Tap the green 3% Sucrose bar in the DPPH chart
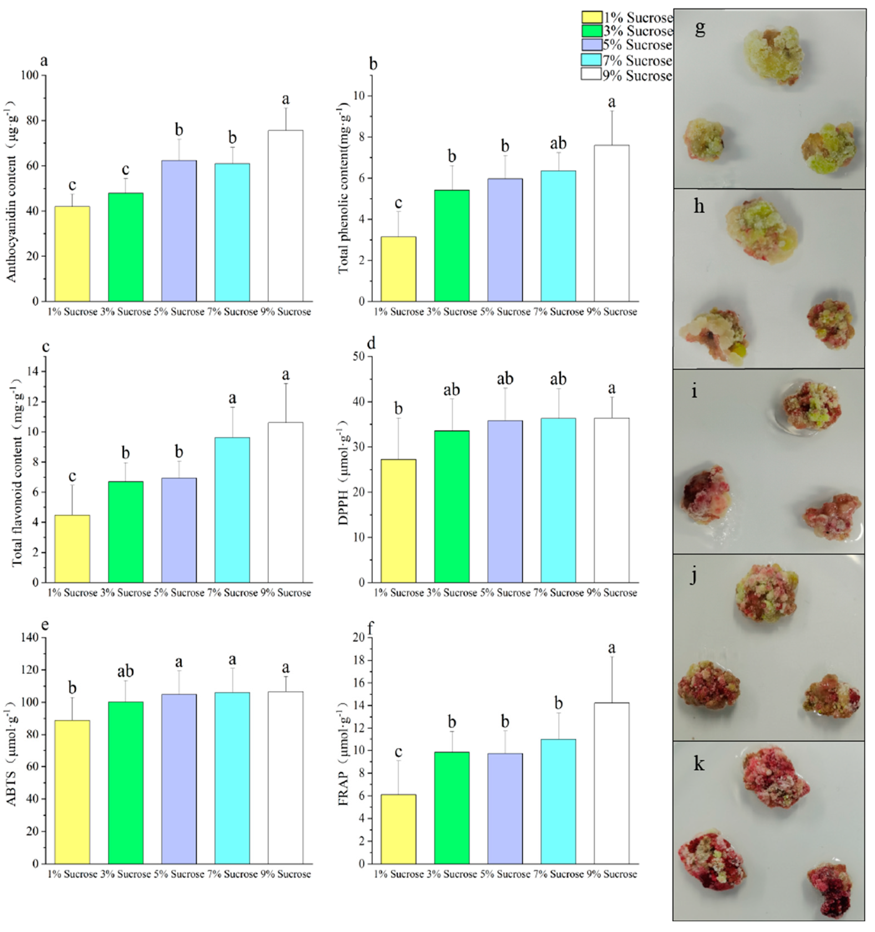(x=452, y=506)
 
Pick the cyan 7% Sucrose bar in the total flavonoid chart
(x=232, y=510)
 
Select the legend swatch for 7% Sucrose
(x=591, y=60)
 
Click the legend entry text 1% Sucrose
(x=638, y=18)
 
